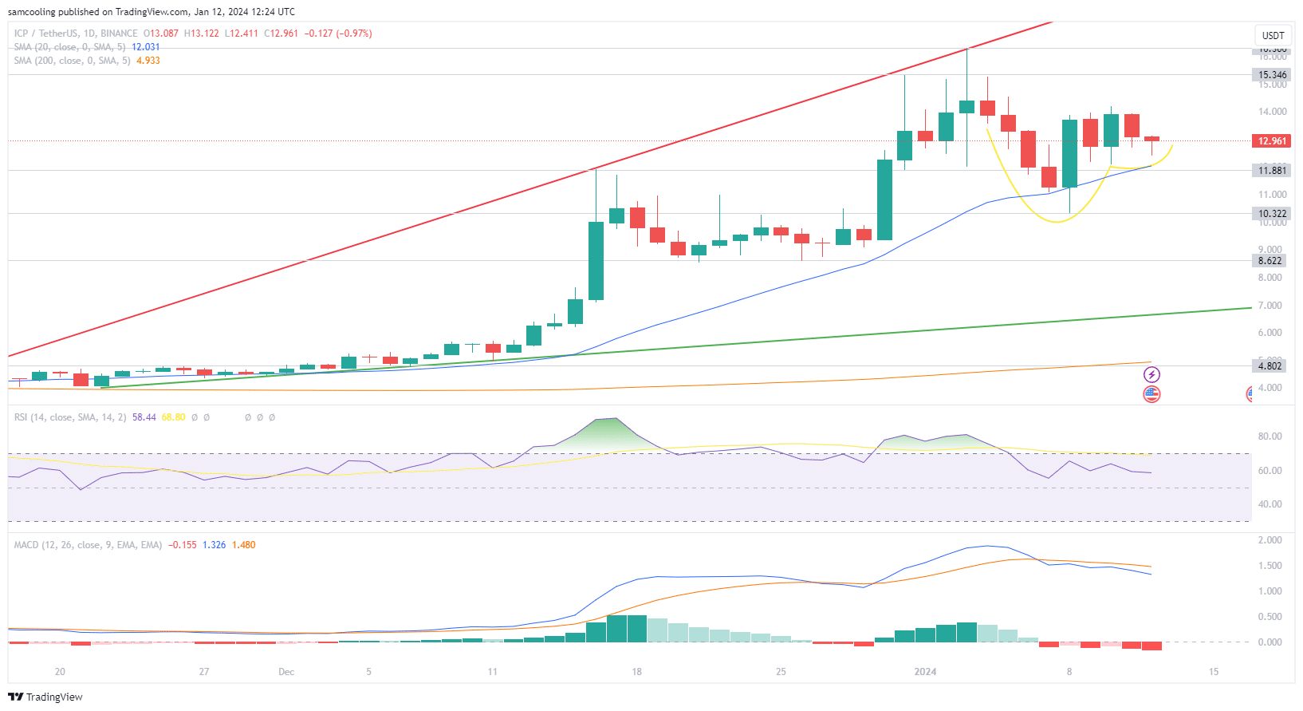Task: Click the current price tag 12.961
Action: click(1272, 141)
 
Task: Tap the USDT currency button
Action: click(1273, 35)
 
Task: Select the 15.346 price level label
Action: click(1272, 75)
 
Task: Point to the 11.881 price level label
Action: click(1272, 171)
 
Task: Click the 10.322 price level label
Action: click(1272, 214)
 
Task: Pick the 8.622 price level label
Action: click(1270, 261)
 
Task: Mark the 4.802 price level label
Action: click(1270, 366)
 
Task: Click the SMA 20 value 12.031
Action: click(146, 47)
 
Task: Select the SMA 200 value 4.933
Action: click(148, 61)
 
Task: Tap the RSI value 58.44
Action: click(144, 417)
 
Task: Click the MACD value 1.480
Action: click(244, 545)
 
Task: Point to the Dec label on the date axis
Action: click(286, 672)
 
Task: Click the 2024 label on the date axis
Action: click(925, 672)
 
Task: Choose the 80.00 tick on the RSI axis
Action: click(1270, 436)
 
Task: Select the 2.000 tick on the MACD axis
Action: click(1270, 540)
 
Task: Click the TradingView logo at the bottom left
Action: click(45, 697)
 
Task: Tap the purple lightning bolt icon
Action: click(1151, 374)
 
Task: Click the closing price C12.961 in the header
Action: click(281, 34)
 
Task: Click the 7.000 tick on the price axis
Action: click(1270, 306)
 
